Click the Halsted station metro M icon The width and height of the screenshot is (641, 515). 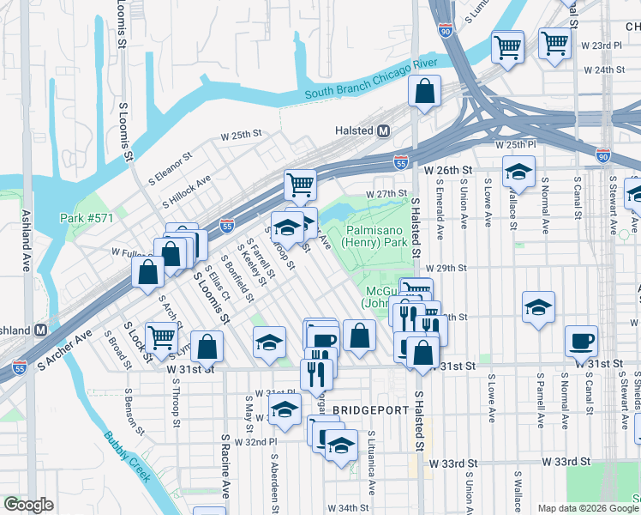[384, 130]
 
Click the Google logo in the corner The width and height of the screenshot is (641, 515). [28, 505]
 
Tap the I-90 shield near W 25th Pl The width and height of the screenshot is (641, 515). [603, 154]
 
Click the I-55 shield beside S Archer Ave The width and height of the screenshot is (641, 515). [20, 367]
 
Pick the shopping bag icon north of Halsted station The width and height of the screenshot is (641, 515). [424, 91]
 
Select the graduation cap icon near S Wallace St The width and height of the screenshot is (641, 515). [518, 172]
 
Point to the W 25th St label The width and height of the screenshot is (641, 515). [240, 135]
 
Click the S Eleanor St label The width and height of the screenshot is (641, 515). [167, 161]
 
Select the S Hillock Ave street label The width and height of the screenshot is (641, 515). [186, 193]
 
